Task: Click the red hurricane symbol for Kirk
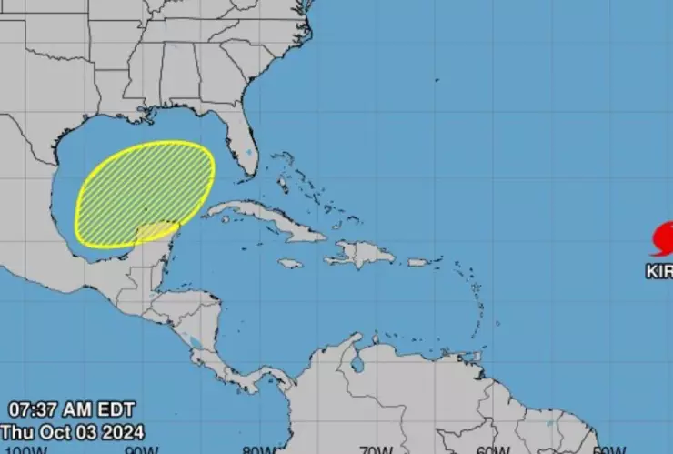tap(663, 239)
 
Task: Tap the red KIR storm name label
tap(659, 271)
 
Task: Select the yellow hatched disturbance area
tap(146, 193)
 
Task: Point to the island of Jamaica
tap(290, 264)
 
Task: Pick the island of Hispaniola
tap(359, 253)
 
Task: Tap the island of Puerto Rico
tap(417, 262)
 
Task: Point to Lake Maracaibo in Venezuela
tap(357, 364)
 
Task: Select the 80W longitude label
tap(259, 449)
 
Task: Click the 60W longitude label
tap(488, 449)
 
